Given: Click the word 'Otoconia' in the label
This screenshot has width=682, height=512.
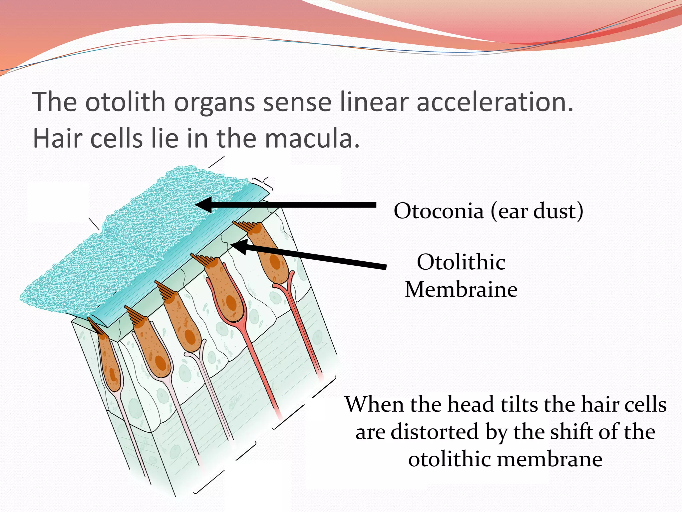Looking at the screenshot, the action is tap(438, 211).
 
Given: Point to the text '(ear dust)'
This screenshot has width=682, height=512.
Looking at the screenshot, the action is tap(536, 212).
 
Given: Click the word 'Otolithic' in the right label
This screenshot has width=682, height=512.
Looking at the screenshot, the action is tap(461, 262).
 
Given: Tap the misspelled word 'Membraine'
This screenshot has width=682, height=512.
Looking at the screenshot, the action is tap(461, 289).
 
